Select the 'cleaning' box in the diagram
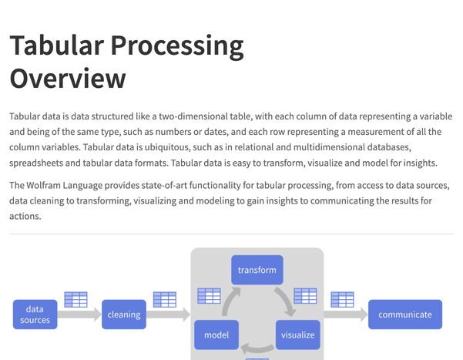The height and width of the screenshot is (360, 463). tap(124, 315)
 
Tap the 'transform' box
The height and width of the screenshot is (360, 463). tap(257, 271)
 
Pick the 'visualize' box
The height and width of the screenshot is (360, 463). tap(297, 335)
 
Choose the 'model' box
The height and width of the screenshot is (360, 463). tap(216, 335)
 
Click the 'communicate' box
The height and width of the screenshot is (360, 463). tap(405, 315)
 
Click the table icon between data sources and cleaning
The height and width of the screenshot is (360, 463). tap(75, 299)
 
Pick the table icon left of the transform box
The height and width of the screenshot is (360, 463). tap(210, 295)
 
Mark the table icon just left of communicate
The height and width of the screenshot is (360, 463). tap(342, 299)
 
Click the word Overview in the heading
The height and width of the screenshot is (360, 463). tap(68, 78)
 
